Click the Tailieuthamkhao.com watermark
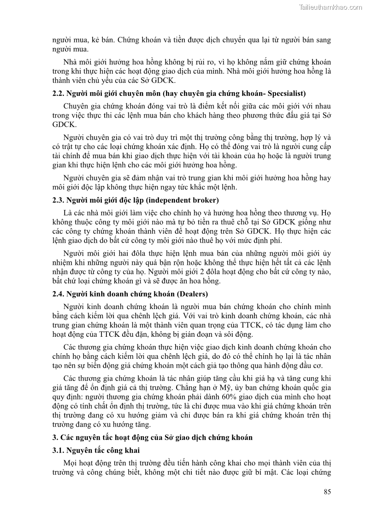(331, 7)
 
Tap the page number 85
(327, 492)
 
